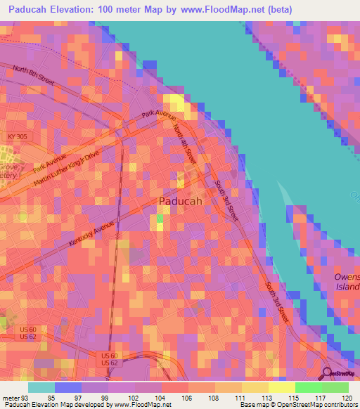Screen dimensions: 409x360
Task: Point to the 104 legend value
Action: pos(161,397)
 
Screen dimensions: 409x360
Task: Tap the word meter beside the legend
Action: pos(11,397)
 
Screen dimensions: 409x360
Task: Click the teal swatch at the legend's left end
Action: pos(41,387)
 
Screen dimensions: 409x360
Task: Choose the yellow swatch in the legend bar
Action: pos(281,387)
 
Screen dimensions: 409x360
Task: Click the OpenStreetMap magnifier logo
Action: pos(328,374)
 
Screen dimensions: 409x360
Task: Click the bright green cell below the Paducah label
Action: pos(160,218)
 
